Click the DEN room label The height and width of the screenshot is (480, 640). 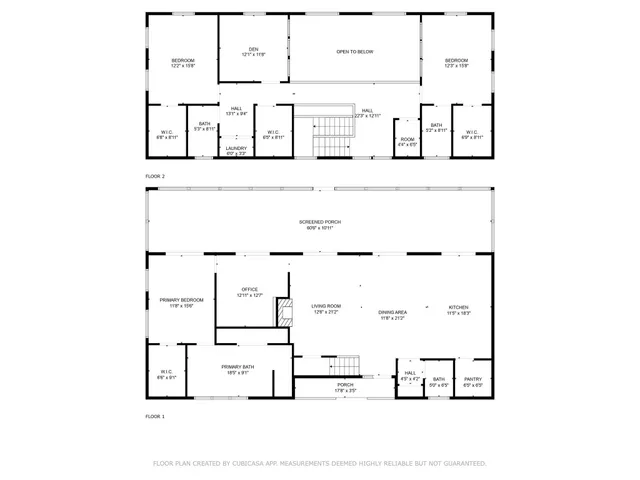254,49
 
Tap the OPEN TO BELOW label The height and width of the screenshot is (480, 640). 355,51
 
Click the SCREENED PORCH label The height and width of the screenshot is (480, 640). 320,221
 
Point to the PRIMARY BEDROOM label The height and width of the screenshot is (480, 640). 181,300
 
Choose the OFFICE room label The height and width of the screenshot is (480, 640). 249,290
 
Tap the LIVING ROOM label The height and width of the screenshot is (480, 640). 326,307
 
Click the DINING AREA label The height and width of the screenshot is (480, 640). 392,313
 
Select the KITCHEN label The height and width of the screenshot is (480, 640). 458,308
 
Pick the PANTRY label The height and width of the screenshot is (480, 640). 473,379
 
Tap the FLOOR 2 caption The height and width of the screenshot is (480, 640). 155,176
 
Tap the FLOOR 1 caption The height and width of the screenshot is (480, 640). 155,415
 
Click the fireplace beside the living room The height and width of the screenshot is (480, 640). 284,313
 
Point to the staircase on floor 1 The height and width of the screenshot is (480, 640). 345,365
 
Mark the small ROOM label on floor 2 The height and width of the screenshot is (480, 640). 407,140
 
